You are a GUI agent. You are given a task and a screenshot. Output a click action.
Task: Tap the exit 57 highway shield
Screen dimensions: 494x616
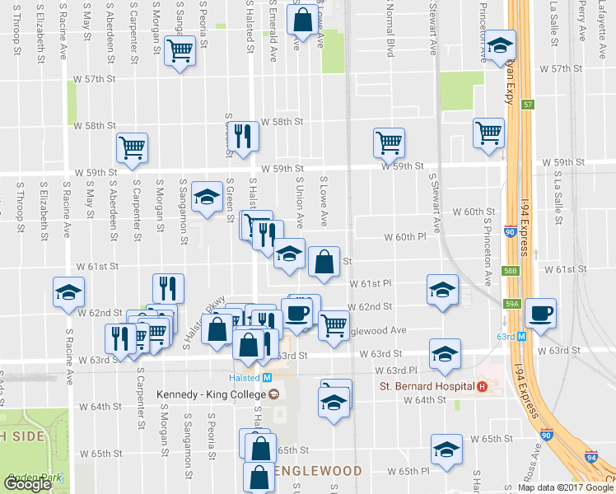pyautogui.click(x=529, y=105)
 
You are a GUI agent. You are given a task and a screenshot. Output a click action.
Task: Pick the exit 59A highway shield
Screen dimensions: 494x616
pyautogui.click(x=511, y=304)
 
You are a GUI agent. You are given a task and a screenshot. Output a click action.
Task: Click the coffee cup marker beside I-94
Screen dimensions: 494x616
pyautogui.click(x=539, y=313)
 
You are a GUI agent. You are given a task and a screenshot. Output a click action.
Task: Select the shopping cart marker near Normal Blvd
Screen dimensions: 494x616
pyautogui.click(x=389, y=142)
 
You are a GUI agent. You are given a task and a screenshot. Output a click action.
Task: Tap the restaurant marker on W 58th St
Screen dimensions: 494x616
pyautogui.click(x=241, y=136)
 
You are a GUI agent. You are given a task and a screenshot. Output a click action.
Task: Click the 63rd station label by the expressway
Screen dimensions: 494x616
pyautogui.click(x=505, y=336)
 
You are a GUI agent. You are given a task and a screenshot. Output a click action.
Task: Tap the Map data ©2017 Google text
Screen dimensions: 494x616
pyautogui.click(x=566, y=487)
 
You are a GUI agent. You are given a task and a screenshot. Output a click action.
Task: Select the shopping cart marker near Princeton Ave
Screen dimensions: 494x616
pyautogui.click(x=488, y=132)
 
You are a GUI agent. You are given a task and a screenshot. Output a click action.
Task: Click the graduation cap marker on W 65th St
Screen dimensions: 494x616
pyautogui.click(x=446, y=450)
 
